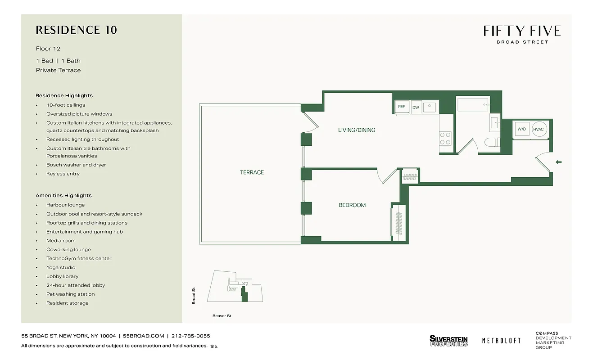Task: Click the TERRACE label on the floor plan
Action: [252, 172]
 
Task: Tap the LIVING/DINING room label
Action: [357, 130]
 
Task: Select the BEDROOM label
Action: [352, 205]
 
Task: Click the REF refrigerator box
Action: [401, 107]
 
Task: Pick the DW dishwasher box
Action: [416, 107]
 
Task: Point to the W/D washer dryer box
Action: [522, 129]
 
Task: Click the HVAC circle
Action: [538, 129]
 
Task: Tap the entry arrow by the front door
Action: [559, 162]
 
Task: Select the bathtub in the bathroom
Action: [473, 105]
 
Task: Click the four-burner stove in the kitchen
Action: [445, 138]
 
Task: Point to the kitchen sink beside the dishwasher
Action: [430, 107]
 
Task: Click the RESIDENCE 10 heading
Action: [76, 30]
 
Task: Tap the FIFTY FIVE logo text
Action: [522, 31]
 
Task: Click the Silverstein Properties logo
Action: [448, 341]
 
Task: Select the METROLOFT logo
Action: [501, 341]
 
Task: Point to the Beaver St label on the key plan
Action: [222, 316]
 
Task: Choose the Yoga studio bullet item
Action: [61, 267]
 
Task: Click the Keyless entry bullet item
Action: [63, 174]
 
